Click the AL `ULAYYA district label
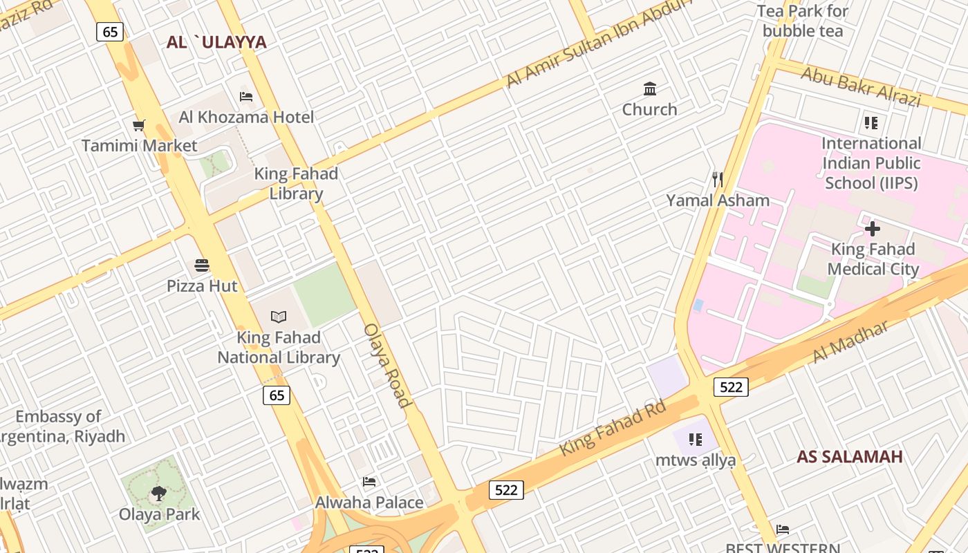click(216, 42)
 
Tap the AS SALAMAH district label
click(849, 456)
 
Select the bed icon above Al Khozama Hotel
click(245, 96)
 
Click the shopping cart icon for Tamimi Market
click(139, 125)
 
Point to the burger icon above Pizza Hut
click(202, 265)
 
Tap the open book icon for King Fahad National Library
click(279, 317)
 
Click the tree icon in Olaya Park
click(159, 494)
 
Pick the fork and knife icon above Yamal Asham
click(718, 180)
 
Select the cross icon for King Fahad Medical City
click(873, 228)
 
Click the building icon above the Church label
click(650, 88)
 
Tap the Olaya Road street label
click(387, 365)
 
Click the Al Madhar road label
click(850, 341)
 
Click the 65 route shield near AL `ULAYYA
click(110, 32)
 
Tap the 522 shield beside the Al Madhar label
click(731, 386)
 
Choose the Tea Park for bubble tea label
click(803, 21)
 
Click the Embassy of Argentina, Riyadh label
click(59, 427)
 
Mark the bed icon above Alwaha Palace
click(369, 482)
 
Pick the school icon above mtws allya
click(696, 439)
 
